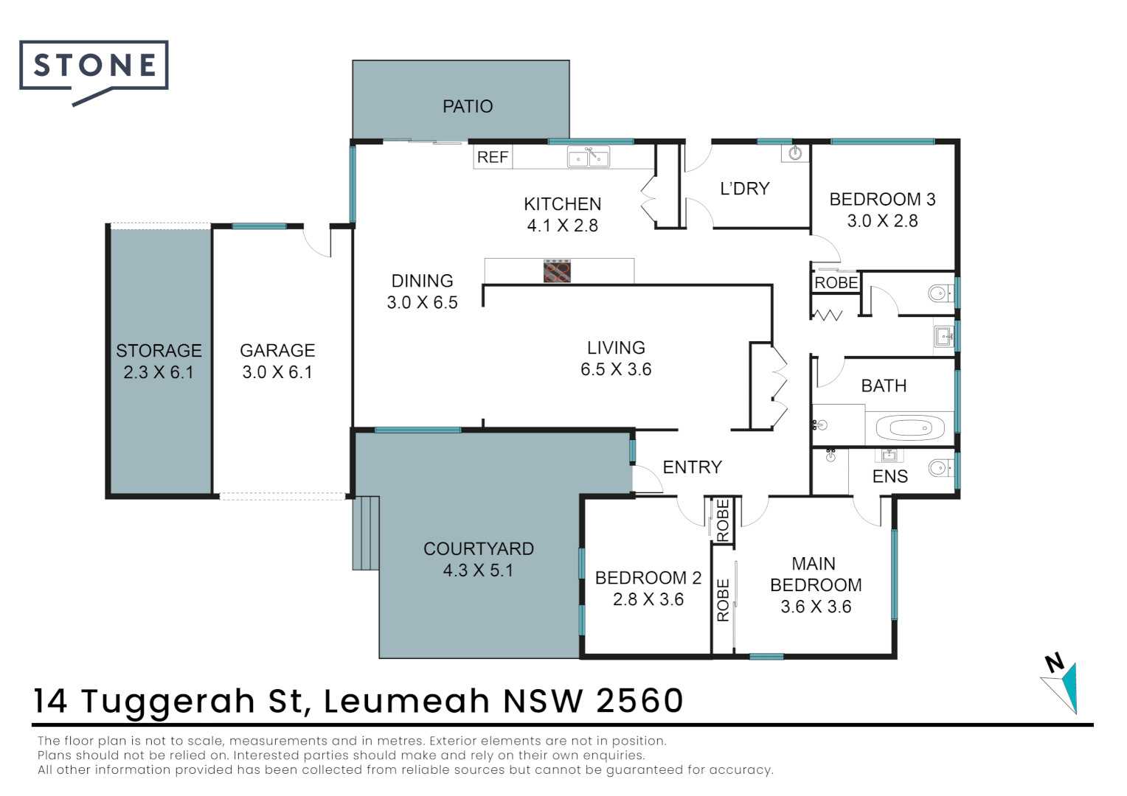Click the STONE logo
pyautogui.click(x=94, y=71)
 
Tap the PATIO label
pyautogui.click(x=468, y=107)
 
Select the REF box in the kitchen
pyautogui.click(x=493, y=158)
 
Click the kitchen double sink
pyautogui.click(x=588, y=157)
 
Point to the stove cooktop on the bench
pyautogui.click(x=557, y=271)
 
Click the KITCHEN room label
pyautogui.click(x=563, y=204)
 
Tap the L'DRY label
pyautogui.click(x=745, y=189)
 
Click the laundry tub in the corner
pyautogui.click(x=795, y=153)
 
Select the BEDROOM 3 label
pyautogui.click(x=882, y=199)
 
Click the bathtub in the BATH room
pyautogui.click(x=910, y=428)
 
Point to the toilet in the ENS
pyautogui.click(x=940, y=469)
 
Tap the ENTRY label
pyautogui.click(x=693, y=467)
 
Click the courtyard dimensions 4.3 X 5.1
pyautogui.click(x=478, y=570)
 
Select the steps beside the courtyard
pyautogui.click(x=366, y=533)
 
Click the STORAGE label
pyautogui.click(x=159, y=351)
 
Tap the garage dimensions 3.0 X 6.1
pyautogui.click(x=277, y=372)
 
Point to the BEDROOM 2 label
pyautogui.click(x=648, y=578)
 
